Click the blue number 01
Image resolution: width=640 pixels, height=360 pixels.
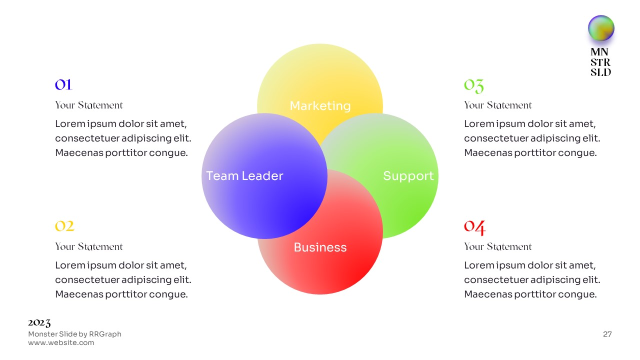click(63, 84)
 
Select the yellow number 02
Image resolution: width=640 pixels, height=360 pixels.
click(64, 226)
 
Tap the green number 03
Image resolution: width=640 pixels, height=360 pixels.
click(473, 85)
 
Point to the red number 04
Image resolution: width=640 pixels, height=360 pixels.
click(474, 227)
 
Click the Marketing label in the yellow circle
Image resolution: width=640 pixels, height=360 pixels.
click(320, 106)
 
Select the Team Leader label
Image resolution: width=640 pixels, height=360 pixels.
click(244, 176)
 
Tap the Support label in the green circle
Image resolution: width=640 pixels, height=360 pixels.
click(408, 176)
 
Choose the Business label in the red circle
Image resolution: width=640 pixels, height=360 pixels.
click(320, 247)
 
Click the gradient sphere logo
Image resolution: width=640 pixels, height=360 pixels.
click(601, 28)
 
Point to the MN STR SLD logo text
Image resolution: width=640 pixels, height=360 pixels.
click(600, 62)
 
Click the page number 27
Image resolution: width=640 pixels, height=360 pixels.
click(607, 334)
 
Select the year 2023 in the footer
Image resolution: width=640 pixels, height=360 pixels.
click(39, 323)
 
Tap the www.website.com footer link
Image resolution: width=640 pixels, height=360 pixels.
click(61, 343)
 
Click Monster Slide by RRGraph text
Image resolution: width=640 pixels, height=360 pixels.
click(74, 334)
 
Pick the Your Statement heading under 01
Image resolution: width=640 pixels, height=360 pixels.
click(88, 105)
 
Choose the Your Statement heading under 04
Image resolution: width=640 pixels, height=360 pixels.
click(497, 246)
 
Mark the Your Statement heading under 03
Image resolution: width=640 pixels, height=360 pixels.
click(497, 105)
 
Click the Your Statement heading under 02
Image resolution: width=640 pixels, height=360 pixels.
click(88, 246)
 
